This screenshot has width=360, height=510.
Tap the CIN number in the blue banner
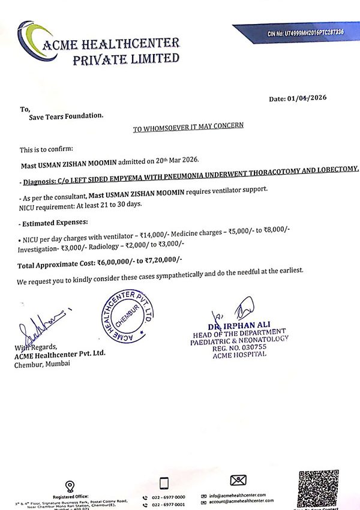tap(305, 32)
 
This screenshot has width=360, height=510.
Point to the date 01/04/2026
tap(314, 98)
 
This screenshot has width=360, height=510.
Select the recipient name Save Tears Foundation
tap(66, 116)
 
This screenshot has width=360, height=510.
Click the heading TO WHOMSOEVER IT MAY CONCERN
tap(188, 128)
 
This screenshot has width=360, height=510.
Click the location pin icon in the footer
tap(70, 486)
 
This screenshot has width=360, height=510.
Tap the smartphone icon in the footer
tap(164, 483)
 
